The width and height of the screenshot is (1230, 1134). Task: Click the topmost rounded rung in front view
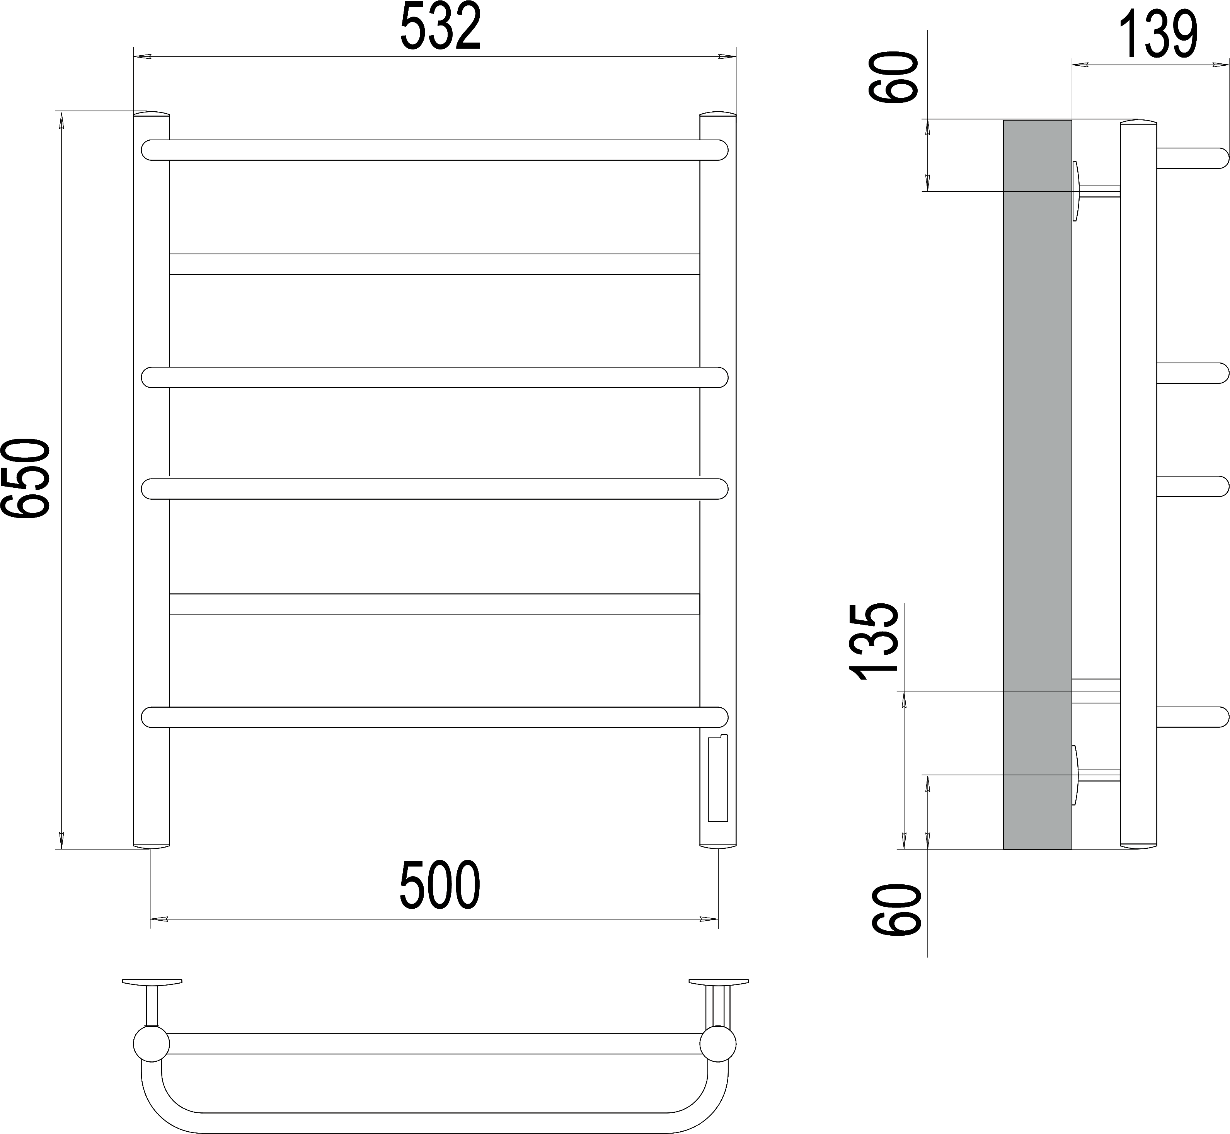(434, 150)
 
